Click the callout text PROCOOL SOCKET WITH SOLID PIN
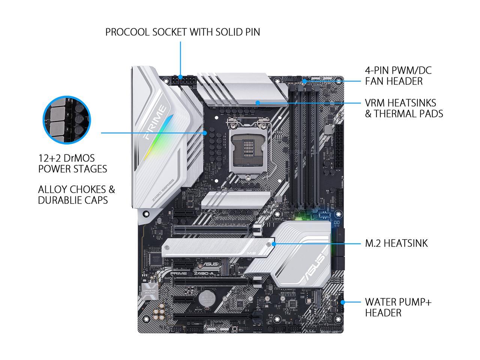[x=182, y=32]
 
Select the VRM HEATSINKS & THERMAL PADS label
[x=403, y=108]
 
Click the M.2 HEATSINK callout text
[x=396, y=243]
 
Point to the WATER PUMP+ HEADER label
[x=398, y=307]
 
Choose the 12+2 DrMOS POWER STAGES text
[x=72, y=163]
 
